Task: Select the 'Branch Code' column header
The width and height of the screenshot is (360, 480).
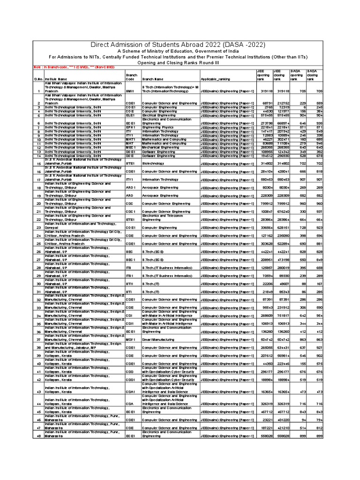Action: click(131, 77)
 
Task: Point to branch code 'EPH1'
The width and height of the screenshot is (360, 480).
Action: click(130, 127)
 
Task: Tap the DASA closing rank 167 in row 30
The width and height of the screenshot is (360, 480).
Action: click(319, 284)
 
